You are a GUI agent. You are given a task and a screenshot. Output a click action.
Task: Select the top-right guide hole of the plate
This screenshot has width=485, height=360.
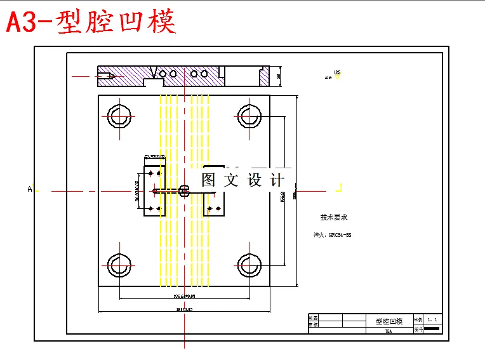[249, 116]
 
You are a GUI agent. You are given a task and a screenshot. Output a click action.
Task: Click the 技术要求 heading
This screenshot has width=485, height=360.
[333, 217]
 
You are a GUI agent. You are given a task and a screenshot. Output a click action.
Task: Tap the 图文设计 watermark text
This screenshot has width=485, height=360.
[243, 180]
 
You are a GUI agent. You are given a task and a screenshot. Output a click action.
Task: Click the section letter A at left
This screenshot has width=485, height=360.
[29, 189]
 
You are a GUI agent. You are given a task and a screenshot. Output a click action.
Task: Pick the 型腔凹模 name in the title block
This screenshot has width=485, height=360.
[389, 321]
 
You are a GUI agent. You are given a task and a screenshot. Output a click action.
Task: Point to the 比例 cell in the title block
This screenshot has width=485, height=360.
[418, 319]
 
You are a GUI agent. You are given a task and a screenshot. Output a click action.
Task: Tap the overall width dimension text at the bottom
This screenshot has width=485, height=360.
[185, 310]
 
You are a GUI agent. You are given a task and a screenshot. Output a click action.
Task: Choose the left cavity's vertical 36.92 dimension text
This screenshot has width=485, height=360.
[137, 190]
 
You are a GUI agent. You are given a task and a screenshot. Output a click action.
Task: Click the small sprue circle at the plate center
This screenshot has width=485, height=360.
[184, 190]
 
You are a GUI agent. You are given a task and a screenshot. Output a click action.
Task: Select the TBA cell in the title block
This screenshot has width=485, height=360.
[389, 330]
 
